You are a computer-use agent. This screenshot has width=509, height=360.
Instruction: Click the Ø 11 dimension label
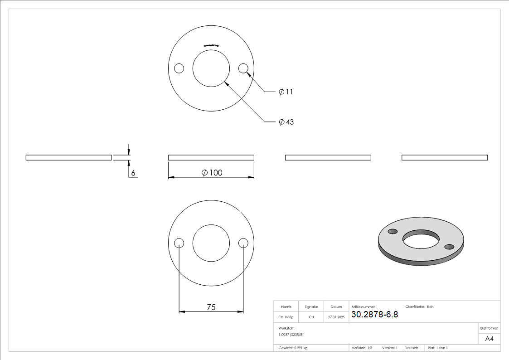286,92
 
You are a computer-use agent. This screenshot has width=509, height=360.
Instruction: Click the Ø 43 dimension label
286,122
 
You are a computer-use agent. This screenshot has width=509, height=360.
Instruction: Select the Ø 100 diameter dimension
211,173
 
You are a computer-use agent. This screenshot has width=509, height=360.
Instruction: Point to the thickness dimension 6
133,173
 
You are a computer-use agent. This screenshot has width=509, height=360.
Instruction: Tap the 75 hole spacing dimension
211,307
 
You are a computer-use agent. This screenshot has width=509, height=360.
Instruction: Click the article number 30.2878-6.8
374,315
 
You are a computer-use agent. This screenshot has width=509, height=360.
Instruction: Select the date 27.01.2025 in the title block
336,317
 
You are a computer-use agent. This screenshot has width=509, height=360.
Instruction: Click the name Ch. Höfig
286,317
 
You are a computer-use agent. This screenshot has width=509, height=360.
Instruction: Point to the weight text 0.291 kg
293,348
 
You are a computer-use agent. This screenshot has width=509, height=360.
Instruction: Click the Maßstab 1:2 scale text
362,348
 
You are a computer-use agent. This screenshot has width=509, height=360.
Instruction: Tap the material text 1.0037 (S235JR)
291,334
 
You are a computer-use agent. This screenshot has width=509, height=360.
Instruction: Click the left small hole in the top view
179,68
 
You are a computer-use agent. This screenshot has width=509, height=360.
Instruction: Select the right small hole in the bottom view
243,243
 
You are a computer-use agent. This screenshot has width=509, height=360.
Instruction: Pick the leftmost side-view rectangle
68,158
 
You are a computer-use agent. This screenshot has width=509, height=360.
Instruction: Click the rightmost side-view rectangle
445,158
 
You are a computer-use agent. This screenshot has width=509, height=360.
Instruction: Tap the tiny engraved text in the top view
211,46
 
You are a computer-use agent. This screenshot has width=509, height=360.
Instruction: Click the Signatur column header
311,307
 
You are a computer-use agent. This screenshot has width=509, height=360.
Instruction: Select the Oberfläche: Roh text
419,307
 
